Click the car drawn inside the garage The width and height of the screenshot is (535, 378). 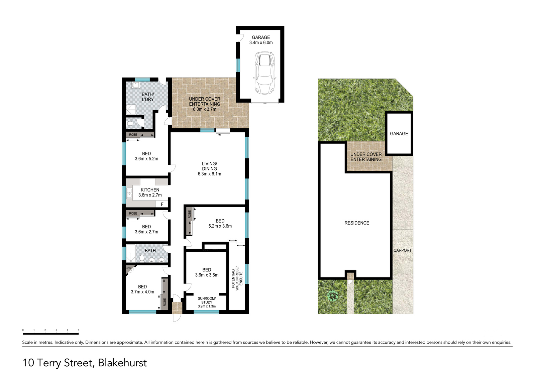pos(264,73)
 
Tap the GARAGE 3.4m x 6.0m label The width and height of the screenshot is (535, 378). pos(261,40)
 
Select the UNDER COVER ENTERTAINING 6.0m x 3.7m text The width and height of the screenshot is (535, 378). pos(204,104)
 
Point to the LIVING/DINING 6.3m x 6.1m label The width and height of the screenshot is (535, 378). pos(209,169)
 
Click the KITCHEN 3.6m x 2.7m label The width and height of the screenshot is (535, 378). pos(150,193)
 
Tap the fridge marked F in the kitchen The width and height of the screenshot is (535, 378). pos(162,204)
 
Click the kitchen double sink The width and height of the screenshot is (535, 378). pos(129,194)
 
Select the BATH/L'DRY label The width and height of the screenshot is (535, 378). pos(148,97)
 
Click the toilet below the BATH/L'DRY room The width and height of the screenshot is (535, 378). pos(130,123)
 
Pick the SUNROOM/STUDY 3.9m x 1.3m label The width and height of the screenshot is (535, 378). pos(207,302)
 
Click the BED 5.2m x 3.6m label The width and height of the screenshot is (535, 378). pos(220,224)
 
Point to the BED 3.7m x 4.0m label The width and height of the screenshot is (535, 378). pos(142,289)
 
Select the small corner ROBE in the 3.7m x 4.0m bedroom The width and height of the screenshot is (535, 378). pos(129,269)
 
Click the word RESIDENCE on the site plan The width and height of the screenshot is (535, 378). pos(356,223)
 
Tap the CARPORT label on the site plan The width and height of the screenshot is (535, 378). pos(403,250)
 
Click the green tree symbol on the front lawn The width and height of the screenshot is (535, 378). pos(333,296)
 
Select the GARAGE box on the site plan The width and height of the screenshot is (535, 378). pos(399,133)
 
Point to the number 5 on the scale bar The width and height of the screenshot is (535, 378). pos(79,330)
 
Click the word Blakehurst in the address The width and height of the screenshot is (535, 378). pos(122,363)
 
